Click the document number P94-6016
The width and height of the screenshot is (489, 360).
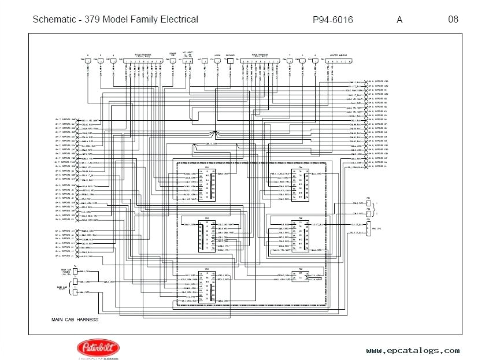coord(332,20)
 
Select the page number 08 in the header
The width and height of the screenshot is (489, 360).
coord(453,19)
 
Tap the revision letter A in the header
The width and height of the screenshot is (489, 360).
coord(399,20)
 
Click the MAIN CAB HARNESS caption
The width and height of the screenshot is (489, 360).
coord(75,320)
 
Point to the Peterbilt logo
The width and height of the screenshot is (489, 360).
coord(95,349)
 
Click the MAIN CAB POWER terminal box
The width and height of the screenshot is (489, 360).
coord(75,271)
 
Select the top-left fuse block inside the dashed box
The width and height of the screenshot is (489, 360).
coord(206,185)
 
